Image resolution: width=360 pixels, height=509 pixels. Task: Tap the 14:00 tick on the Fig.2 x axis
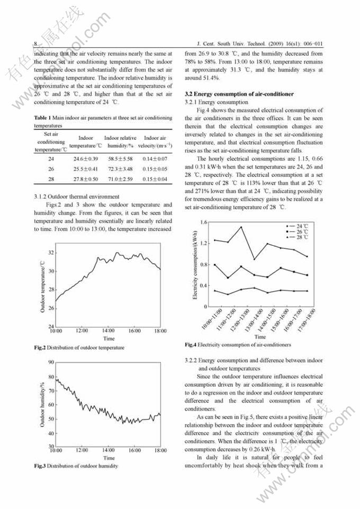[x=108, y=331]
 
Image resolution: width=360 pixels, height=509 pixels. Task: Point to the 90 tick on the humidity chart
[x=51, y=362]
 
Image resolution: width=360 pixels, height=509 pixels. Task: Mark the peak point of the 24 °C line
[x=241, y=227]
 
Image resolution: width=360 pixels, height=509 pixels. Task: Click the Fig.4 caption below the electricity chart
[x=238, y=345]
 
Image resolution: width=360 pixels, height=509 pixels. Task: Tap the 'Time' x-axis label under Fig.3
[x=109, y=458]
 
